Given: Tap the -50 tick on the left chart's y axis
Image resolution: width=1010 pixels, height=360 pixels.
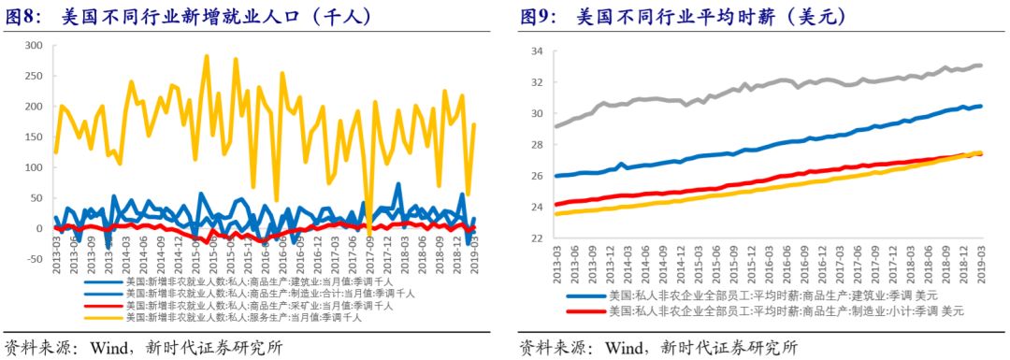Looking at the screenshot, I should coord(31,259).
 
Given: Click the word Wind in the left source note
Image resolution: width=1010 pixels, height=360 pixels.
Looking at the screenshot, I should coord(110,347).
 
